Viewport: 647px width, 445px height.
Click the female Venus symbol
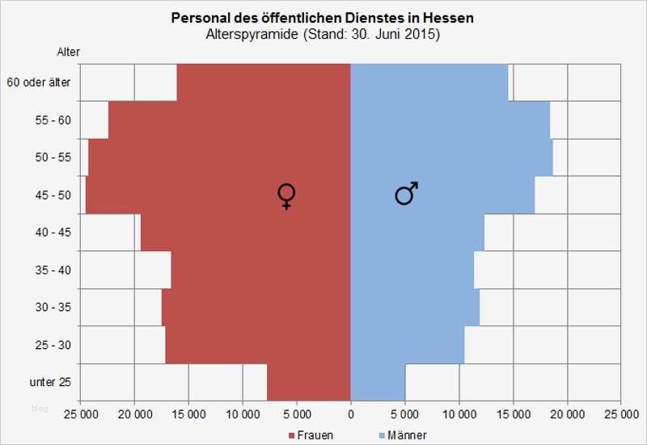[286, 196]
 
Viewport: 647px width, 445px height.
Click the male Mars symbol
[406, 193]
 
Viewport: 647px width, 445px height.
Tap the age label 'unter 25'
[50, 383]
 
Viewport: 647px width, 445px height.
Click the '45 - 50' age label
[53, 195]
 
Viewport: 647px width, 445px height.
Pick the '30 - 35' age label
[53, 308]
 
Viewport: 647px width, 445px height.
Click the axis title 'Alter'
[68, 52]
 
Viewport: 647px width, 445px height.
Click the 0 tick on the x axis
[350, 413]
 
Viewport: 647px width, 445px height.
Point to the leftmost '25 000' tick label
[81, 413]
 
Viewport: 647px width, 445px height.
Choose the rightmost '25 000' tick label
[620, 413]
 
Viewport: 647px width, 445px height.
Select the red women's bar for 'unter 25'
[308, 383]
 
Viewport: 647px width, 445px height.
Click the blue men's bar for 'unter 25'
[378, 383]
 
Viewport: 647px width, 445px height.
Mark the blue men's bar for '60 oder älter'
[429, 82]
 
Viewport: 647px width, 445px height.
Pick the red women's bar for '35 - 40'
[260, 270]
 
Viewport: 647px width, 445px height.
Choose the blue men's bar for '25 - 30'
[408, 345]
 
